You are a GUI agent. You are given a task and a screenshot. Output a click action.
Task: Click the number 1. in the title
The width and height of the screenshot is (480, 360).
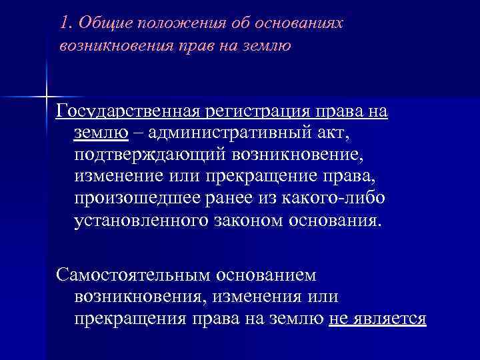coord(65,23)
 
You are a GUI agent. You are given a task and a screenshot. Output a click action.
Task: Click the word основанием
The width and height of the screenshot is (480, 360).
coord(264,275)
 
